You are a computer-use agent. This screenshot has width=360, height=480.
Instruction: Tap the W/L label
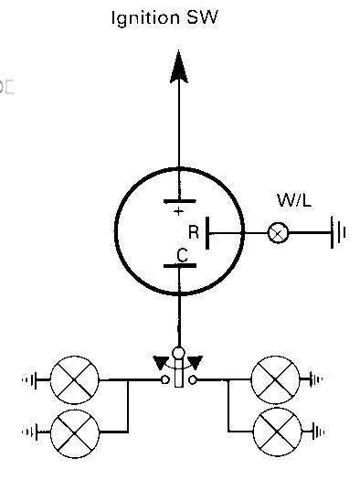pos(294,200)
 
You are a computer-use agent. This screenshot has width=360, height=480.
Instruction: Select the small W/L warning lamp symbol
pos(278,234)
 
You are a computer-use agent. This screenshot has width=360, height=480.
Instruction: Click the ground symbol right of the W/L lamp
pos(337,234)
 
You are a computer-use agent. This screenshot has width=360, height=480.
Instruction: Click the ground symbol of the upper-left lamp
pos(37,379)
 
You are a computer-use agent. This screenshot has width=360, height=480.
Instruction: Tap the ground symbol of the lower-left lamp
pos(37,428)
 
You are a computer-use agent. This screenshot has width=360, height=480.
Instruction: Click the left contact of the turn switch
pos(165,379)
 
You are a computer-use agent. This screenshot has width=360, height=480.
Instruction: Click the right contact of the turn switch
pos(194,379)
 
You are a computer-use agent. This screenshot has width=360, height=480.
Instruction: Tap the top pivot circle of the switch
pos(179,353)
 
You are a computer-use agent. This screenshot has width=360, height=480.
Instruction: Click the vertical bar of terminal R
pos(209,234)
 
